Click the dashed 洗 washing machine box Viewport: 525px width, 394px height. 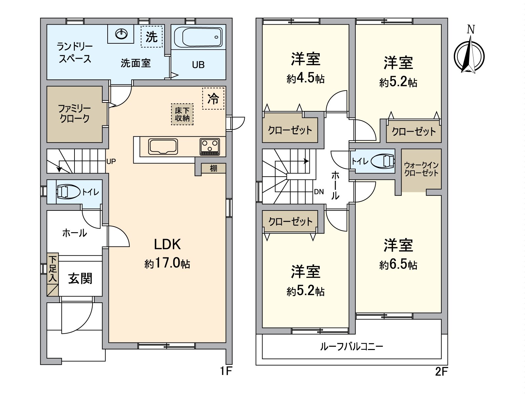[x=152, y=36]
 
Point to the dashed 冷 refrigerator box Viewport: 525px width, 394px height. [x=213, y=98]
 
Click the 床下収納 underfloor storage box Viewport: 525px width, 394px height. [x=182, y=114]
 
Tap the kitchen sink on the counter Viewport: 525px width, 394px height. [x=163, y=146]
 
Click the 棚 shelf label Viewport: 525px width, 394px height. [x=214, y=168]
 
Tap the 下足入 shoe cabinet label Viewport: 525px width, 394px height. [x=52, y=269]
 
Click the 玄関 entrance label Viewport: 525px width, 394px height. [x=80, y=278]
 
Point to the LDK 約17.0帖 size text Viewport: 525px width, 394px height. [x=167, y=264]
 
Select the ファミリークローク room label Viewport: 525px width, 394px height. [x=74, y=113]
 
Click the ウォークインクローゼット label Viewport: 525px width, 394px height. [x=421, y=169]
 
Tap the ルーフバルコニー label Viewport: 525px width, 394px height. [x=351, y=346]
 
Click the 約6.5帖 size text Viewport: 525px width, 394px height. [x=398, y=265]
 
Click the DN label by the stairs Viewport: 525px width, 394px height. [x=319, y=192]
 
